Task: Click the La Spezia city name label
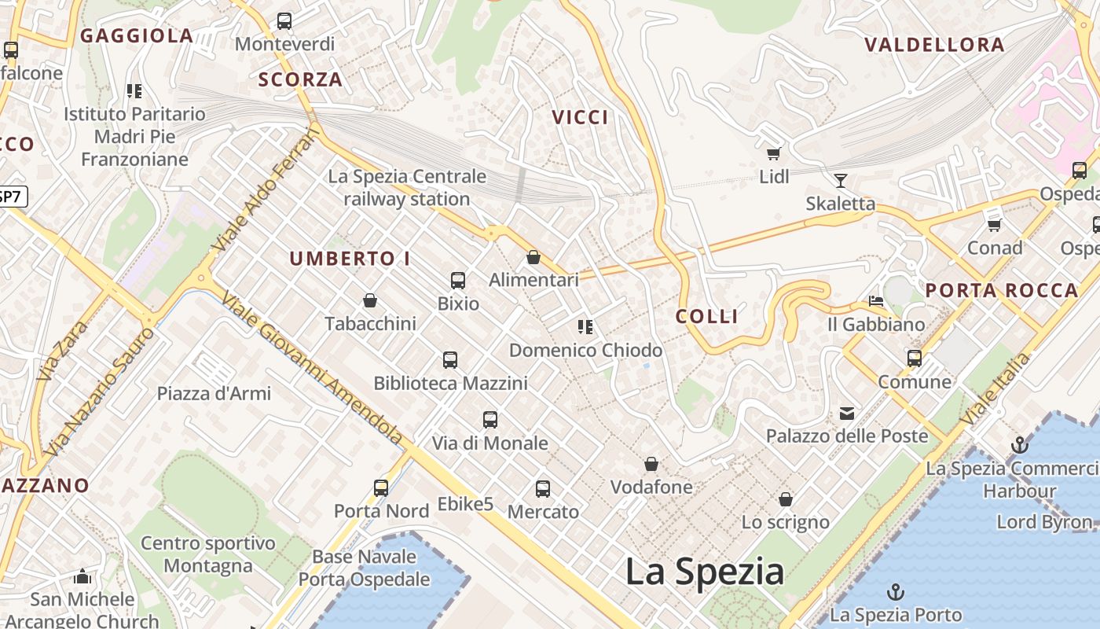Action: pyautogui.click(x=704, y=572)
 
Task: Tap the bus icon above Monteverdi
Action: pyautogui.click(x=284, y=21)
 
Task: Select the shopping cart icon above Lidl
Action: pyautogui.click(x=774, y=153)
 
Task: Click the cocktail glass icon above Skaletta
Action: pyautogui.click(x=841, y=181)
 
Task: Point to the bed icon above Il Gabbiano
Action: pyautogui.click(x=876, y=301)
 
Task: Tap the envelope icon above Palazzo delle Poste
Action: pyautogui.click(x=847, y=413)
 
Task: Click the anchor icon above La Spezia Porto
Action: pyautogui.click(x=895, y=592)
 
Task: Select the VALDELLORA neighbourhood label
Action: pyautogui.click(x=934, y=45)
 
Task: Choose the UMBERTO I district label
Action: pyautogui.click(x=350, y=259)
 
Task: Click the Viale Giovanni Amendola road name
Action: pyautogui.click(x=312, y=367)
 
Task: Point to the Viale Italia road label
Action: pyautogui.click(x=995, y=389)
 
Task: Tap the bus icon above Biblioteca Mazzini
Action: pyautogui.click(x=450, y=360)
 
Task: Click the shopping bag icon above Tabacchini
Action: pyautogui.click(x=370, y=300)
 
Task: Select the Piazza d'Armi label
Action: pyautogui.click(x=214, y=393)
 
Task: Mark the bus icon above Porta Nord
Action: pyautogui.click(x=381, y=488)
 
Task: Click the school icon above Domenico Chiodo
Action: pyautogui.click(x=585, y=326)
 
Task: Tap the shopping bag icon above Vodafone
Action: pyautogui.click(x=651, y=464)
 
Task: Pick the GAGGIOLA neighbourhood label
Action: pyautogui.click(x=137, y=35)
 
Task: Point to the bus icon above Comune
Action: pyautogui.click(x=915, y=359)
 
